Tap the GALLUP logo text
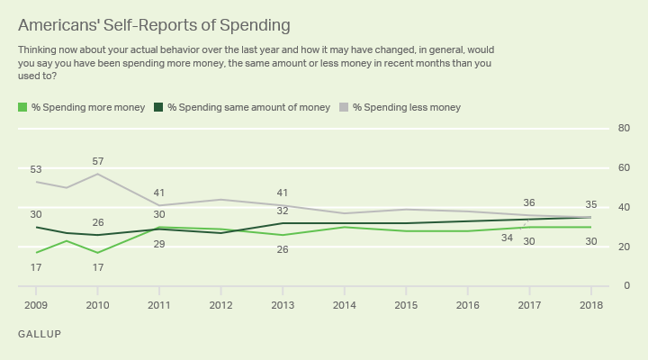coord(40,334)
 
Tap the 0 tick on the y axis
coord(625,286)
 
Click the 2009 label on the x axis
coord(35,306)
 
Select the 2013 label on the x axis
coord(282,306)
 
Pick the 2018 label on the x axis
coord(590,306)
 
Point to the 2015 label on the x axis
coord(405,306)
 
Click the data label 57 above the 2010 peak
coord(97,161)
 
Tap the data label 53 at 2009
coord(35,169)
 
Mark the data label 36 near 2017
coord(529,202)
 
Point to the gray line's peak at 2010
coord(97,174)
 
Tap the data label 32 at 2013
coord(282,211)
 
